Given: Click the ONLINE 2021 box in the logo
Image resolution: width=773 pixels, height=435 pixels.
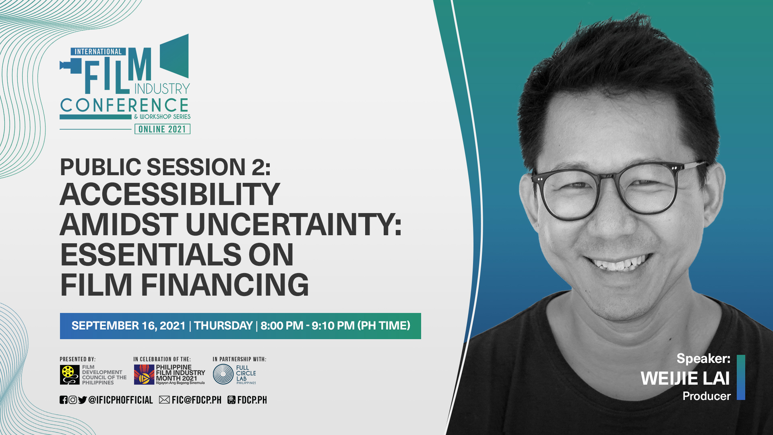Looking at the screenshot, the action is [162, 129].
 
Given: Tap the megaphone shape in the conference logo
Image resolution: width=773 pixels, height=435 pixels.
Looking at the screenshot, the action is [174, 56].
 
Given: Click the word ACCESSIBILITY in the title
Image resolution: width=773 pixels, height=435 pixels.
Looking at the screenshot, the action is [169, 195].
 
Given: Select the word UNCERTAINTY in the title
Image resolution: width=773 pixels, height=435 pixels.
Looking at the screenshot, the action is [293, 225].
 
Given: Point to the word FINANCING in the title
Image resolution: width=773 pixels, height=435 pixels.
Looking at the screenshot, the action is [225, 285].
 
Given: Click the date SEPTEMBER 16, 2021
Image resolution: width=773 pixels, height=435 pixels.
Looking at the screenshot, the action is [128, 326].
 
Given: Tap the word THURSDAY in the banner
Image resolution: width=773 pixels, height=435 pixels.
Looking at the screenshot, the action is [223, 326].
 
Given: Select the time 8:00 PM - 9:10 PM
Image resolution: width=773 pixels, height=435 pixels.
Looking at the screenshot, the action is [308, 326].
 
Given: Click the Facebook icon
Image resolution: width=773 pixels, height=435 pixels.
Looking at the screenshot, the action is [64, 400].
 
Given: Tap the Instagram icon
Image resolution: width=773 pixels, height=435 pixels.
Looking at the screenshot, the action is [73, 400].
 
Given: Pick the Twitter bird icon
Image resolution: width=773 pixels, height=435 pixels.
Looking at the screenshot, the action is [83, 400].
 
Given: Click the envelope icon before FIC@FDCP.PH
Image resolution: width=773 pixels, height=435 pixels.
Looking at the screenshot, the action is [164, 400].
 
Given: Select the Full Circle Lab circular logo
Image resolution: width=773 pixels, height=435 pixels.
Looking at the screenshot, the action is [223, 374].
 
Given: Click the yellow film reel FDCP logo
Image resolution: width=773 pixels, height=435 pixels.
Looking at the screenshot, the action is [70, 375].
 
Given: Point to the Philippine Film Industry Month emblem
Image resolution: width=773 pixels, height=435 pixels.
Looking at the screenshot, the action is [144, 375].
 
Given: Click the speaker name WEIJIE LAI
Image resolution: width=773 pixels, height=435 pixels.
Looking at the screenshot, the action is [685, 379].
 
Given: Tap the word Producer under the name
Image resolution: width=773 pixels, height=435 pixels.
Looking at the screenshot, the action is [707, 396].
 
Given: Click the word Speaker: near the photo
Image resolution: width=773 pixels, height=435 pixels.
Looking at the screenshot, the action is [703, 358].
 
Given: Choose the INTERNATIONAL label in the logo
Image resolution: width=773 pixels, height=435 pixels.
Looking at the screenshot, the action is [98, 52].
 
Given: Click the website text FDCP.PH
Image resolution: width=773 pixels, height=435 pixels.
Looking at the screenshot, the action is [252, 400].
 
